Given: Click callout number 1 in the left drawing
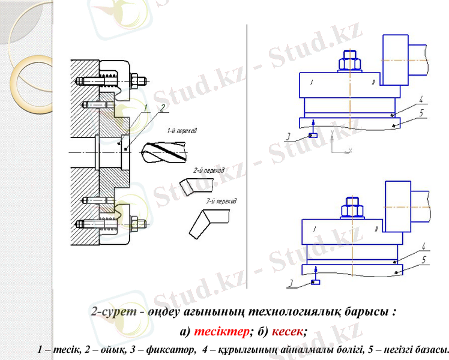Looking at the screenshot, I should tap(145, 108).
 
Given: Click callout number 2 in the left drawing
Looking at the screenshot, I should tap(161, 108).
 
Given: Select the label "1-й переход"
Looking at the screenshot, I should tap(182, 130).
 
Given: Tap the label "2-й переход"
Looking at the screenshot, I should tap(208, 170).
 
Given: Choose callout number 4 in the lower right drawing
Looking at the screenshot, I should tap(422, 247).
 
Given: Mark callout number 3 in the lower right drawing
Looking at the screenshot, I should tap(289, 284).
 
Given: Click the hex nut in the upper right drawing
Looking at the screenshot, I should tap(349, 62).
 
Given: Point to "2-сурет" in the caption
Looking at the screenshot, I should tap(109, 313).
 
